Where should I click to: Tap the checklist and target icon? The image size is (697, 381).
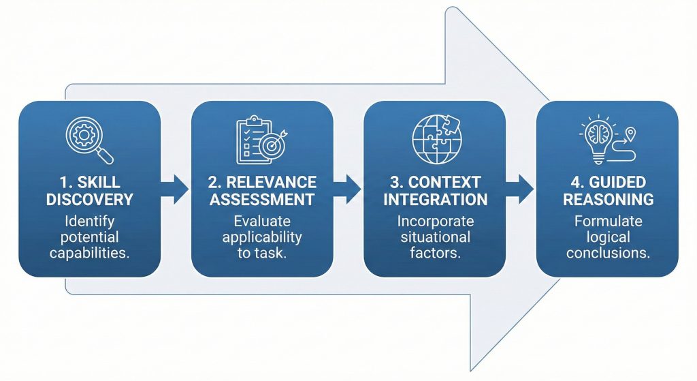click(261, 141)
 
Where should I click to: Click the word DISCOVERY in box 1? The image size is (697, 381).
click(90, 200)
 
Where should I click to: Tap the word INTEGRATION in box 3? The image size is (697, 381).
click(435, 200)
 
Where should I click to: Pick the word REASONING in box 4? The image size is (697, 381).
click(607, 200)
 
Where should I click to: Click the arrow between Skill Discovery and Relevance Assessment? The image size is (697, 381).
click(176, 189)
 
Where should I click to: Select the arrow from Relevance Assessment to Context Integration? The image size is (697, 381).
click(348, 189)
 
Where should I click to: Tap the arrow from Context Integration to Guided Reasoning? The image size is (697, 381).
click(521, 189)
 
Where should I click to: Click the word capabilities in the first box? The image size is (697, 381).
click(90, 253)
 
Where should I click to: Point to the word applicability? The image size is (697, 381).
click(262, 237)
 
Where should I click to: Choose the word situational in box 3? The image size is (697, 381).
click(435, 237)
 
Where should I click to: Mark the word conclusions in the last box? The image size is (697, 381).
click(607, 253)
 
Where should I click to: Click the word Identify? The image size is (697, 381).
click(90, 222)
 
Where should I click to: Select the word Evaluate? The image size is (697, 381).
click(262, 222)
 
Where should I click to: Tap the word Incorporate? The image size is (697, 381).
click(435, 222)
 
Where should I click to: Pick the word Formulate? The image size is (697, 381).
click(607, 222)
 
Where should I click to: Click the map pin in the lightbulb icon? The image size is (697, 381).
click(630, 133)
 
